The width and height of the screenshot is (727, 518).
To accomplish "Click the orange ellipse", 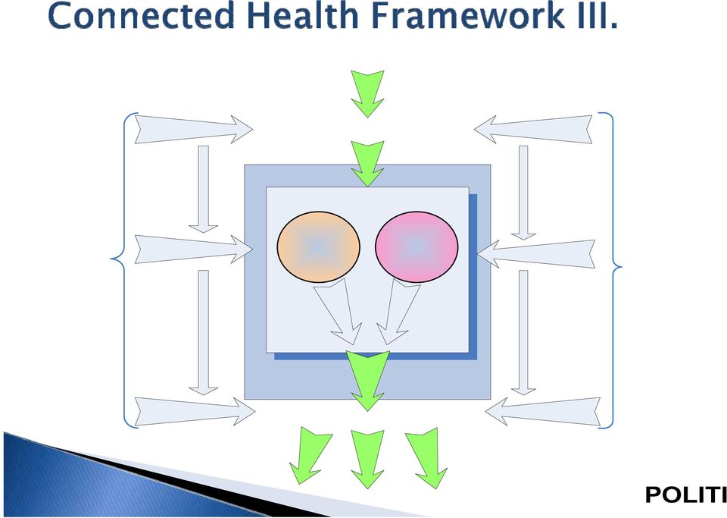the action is click(319, 247).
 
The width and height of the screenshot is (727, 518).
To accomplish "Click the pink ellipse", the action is click(417, 247).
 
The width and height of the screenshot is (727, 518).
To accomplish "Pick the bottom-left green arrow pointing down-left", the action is click(309, 456).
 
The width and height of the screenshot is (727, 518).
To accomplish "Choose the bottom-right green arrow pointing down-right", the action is click(426, 457).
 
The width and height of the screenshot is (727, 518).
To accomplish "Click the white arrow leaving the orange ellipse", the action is click(339, 312).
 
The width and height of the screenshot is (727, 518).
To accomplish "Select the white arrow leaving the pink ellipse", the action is click(398, 312).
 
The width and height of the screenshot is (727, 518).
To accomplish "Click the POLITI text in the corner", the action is click(686, 494).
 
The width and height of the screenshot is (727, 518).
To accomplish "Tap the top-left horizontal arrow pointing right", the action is click(193, 129).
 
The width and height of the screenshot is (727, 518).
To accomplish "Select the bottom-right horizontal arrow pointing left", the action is click(543, 411).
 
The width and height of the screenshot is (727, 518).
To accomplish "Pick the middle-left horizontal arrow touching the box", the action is click(193, 250).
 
